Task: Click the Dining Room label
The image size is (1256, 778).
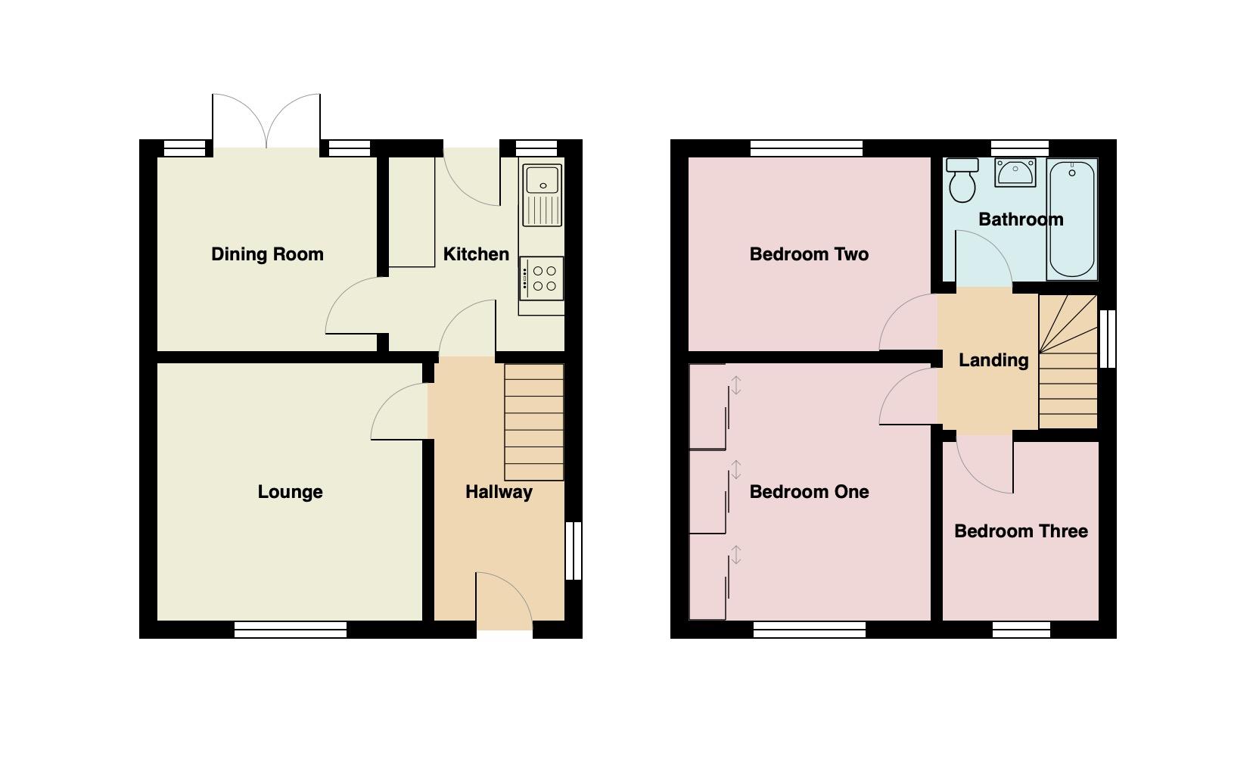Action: point(267,254)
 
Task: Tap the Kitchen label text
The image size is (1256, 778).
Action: point(476,254)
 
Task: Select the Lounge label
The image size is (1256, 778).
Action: point(290,492)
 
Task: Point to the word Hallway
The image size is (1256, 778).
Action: point(499,492)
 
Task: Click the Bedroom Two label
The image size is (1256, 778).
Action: point(809,254)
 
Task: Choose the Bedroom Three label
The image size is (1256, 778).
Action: point(1021,531)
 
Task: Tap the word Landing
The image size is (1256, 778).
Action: point(993,360)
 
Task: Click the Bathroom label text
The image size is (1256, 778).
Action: point(1021,219)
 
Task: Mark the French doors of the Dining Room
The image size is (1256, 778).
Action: point(266,121)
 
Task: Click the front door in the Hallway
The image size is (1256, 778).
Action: point(504,602)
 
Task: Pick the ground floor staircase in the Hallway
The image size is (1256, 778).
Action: point(534,422)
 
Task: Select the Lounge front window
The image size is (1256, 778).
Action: point(291,629)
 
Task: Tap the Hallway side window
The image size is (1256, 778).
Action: point(574,550)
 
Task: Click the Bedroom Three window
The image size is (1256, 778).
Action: point(1021,629)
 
